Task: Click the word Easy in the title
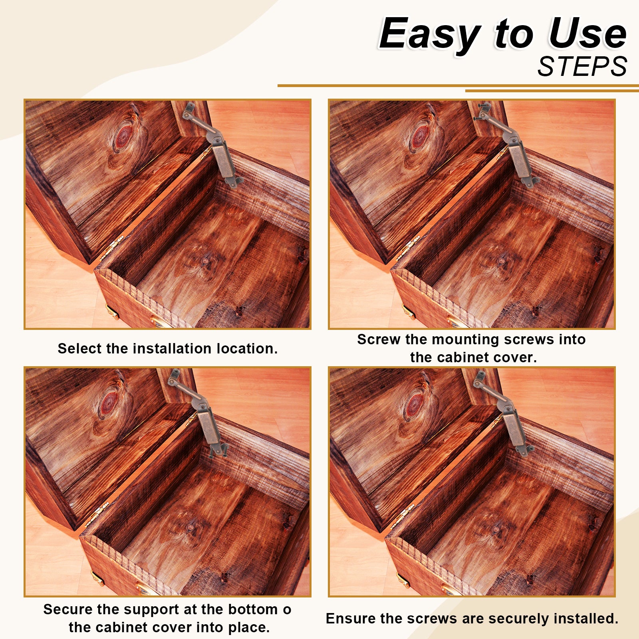pyautogui.click(x=430, y=34)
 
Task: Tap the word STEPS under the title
pyautogui.click(x=582, y=66)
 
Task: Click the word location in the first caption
pyautogui.click(x=247, y=348)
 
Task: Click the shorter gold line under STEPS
pyautogui.click(x=552, y=91)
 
